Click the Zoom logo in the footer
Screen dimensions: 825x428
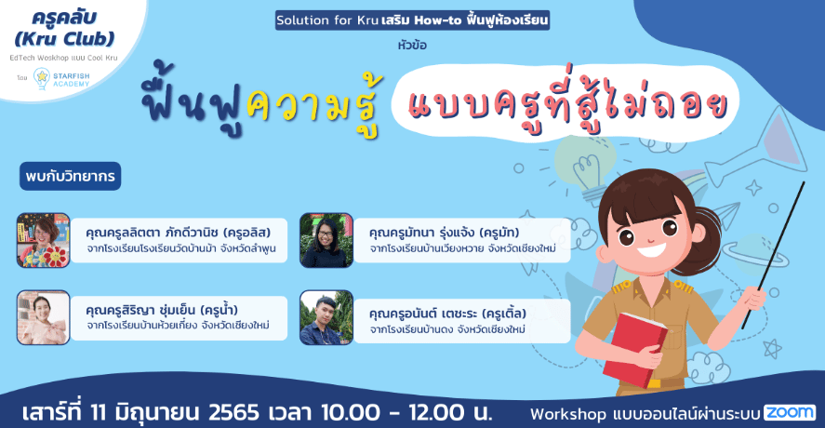pos(790,413)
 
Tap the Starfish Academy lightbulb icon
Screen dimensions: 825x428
pos(41,79)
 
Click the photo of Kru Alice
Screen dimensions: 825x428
pos(43,240)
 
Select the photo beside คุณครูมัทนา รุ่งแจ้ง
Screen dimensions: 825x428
pos(326,240)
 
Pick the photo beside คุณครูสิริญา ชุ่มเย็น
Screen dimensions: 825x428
pos(43,317)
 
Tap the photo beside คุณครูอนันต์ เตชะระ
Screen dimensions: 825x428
pos(326,317)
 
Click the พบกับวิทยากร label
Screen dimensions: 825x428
pos(71,177)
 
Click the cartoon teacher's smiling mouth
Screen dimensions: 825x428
pos(651,249)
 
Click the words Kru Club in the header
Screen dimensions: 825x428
pos(65,38)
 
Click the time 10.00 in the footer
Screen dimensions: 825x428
pos(351,412)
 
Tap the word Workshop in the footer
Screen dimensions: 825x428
pos(567,414)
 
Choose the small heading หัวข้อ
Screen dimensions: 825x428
pos(413,46)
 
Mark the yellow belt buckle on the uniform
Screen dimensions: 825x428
pos(654,383)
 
